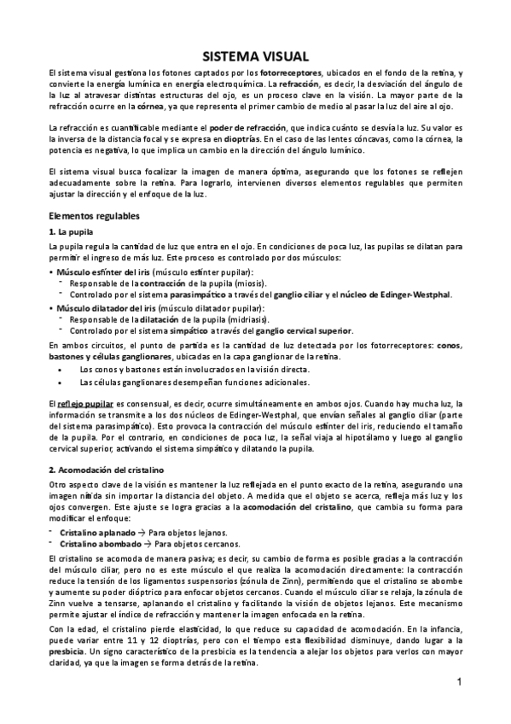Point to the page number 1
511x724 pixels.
click(x=458, y=681)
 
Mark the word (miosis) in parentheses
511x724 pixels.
click(x=247, y=283)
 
